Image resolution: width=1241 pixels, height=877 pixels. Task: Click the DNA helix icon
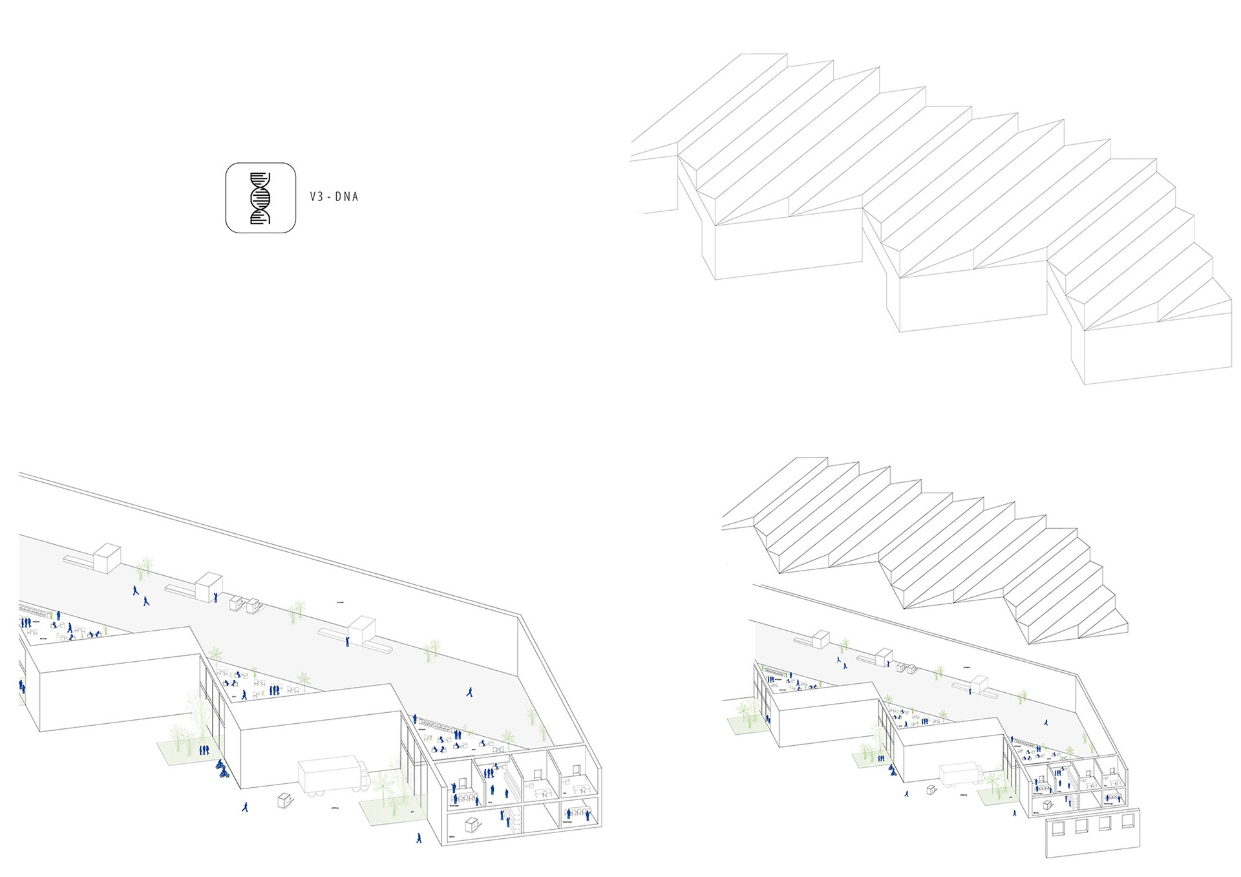260,198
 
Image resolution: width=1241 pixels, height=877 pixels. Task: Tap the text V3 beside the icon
316,196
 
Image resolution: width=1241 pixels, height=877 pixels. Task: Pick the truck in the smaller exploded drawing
960,775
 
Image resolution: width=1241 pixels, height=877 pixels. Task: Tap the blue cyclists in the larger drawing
222,768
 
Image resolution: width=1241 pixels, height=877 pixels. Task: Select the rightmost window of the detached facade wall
1127,821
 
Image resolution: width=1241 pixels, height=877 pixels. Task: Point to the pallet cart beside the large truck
284,800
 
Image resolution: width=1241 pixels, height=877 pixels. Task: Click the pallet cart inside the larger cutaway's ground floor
472,825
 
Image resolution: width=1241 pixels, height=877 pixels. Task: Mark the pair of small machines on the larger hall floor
244,604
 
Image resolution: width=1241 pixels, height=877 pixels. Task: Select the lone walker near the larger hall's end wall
470,692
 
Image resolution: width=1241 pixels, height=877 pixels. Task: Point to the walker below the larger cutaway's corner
419,838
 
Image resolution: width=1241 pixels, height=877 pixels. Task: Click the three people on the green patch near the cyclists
204,750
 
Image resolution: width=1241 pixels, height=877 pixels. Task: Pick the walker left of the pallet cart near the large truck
244,807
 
